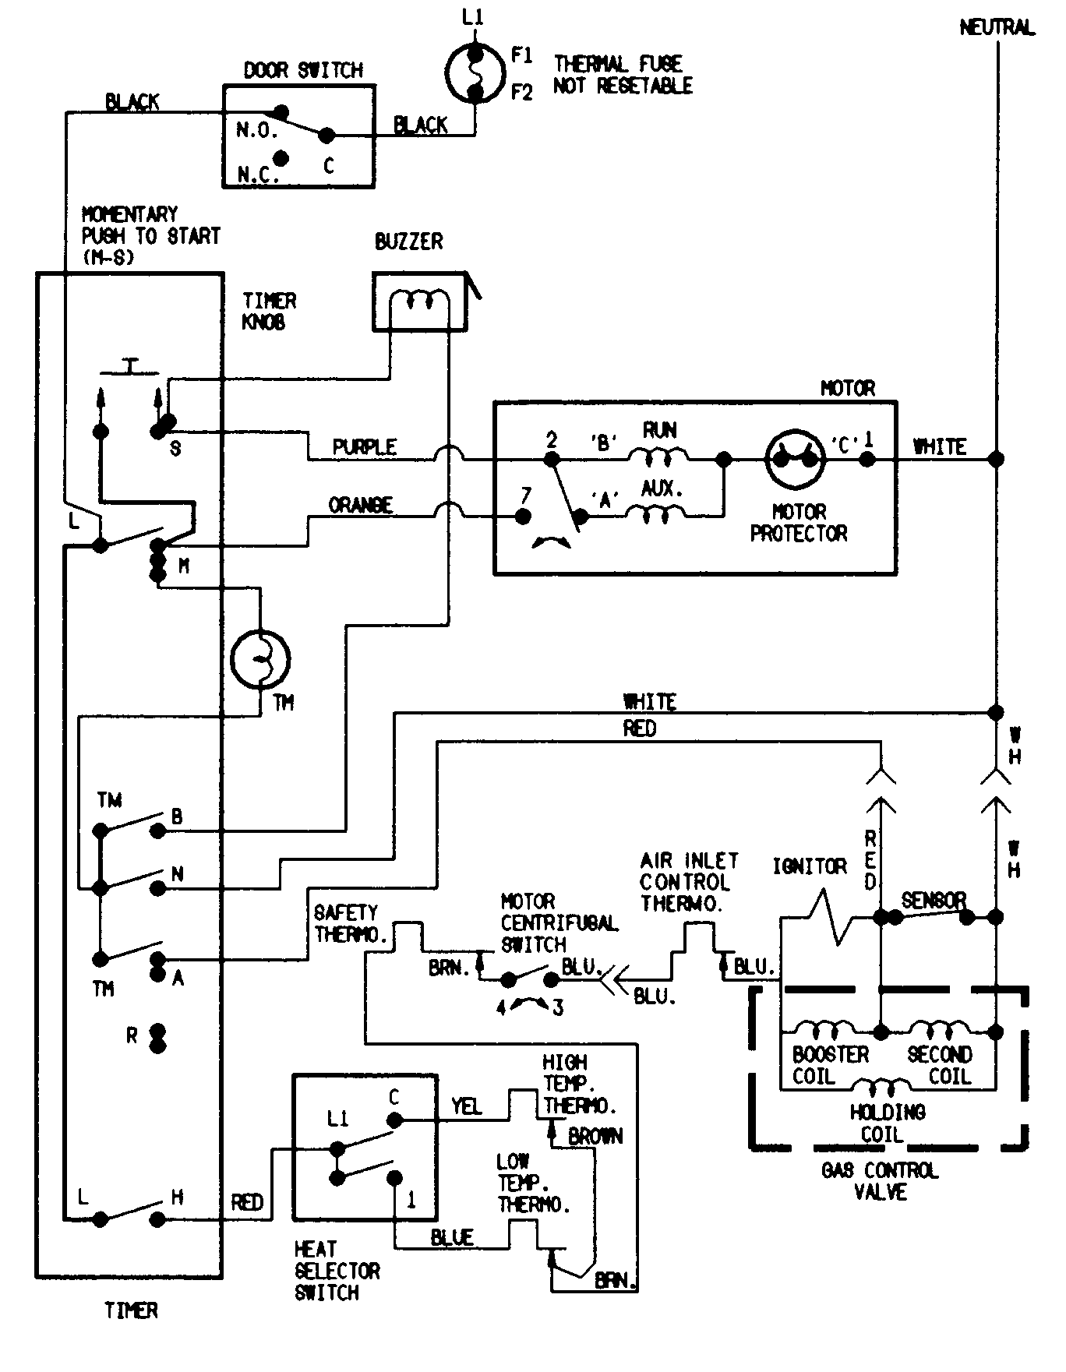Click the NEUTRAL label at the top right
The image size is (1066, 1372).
[997, 28]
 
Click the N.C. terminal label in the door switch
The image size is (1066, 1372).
[256, 175]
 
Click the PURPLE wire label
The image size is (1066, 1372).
[364, 447]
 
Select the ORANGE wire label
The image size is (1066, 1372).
[360, 506]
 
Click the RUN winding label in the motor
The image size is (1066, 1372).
[659, 431]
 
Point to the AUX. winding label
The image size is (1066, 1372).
[662, 490]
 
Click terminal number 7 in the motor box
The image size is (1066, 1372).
[526, 496]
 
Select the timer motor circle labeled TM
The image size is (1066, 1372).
[260, 659]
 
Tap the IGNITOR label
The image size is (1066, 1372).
[809, 866]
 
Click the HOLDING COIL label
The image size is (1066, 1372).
[887, 1123]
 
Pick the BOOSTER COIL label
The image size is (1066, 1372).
[830, 1065]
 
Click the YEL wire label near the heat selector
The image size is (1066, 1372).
[466, 1106]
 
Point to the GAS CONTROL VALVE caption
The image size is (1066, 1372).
[880, 1181]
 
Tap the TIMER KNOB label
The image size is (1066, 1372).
[269, 312]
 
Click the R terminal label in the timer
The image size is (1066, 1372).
[132, 1036]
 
